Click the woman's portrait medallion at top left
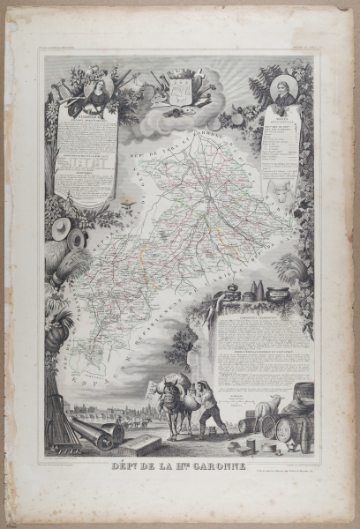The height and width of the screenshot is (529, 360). (x=100, y=89)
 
